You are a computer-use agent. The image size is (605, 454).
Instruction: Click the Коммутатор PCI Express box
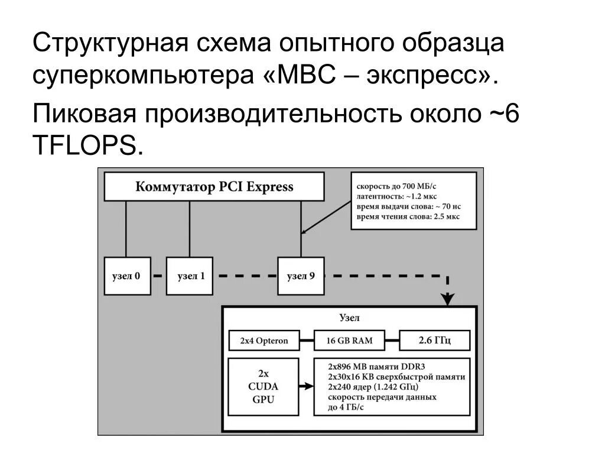pyautogui.click(x=214, y=187)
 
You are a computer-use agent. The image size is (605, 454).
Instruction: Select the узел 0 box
pyautogui.click(x=126, y=275)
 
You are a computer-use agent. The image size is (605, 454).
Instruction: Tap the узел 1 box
pyautogui.click(x=189, y=275)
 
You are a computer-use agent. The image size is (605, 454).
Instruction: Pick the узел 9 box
pyautogui.click(x=301, y=275)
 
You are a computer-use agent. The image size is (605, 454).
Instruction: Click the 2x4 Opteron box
pyautogui.click(x=264, y=340)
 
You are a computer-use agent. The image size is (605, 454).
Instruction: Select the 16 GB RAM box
pyautogui.click(x=350, y=340)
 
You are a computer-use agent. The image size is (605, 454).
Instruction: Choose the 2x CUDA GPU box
pyautogui.click(x=264, y=387)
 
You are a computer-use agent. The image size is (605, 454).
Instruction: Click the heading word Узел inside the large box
pyautogui.click(x=349, y=317)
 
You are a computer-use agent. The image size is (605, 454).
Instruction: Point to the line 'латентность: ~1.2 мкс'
pyautogui.click(x=396, y=196)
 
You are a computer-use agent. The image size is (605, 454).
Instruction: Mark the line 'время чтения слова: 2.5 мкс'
pyautogui.click(x=408, y=218)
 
